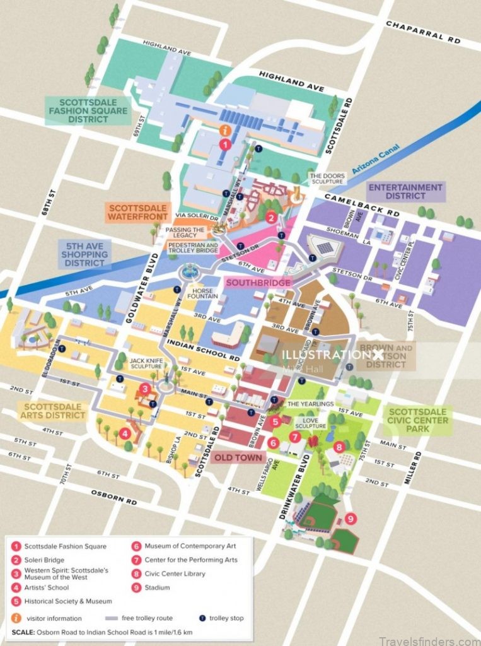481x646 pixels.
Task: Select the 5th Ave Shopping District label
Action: point(86,253)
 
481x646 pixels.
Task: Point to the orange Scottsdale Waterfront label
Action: point(137,212)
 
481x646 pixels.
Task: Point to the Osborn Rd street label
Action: point(114,497)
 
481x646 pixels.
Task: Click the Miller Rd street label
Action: point(416,467)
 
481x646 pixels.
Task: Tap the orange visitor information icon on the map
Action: point(224,130)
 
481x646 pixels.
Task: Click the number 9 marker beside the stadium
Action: point(351,519)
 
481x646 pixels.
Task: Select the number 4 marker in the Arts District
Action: point(125,433)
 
